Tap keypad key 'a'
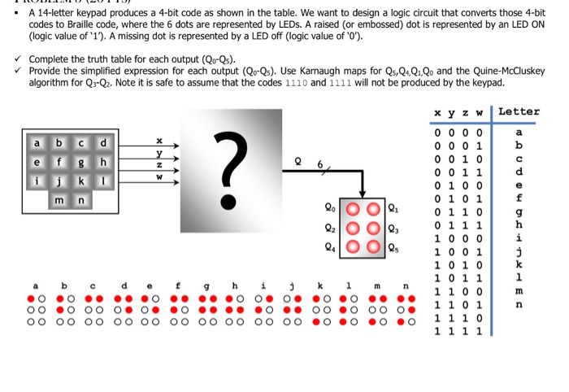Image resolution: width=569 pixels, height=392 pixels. [37, 144]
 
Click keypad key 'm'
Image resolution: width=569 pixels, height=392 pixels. [59, 200]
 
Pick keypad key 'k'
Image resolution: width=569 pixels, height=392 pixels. [81, 181]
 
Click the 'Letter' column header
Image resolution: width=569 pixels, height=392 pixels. [519, 111]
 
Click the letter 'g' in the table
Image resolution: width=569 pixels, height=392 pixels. [519, 211]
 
